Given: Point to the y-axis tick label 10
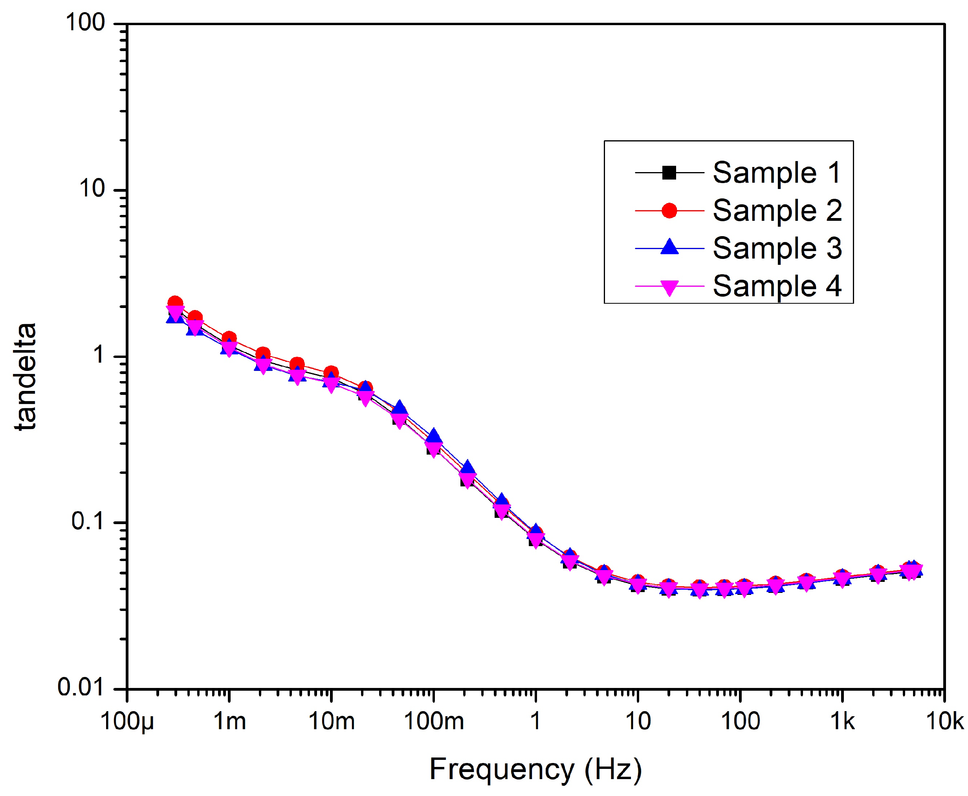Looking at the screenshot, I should pos(92,189).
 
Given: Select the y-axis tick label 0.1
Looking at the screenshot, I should pos(88,521).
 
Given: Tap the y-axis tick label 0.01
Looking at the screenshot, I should pos(81,687).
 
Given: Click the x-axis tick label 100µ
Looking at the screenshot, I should pos(127,722).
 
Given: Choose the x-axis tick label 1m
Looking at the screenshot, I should pos(229,722).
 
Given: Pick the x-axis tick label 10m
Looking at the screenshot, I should pos(331,722).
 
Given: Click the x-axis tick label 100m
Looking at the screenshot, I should pos(433,722).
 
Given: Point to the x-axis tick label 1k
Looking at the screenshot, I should pos(842,722).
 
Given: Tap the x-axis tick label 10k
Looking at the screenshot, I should pos(944,722).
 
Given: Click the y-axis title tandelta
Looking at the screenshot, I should pos(25,376).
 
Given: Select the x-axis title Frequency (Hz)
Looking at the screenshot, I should pos(535,769).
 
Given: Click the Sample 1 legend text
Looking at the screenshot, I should pos(777,173).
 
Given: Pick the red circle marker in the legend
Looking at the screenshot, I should pos(669,211).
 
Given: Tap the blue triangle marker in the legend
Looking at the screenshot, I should pos(669,248).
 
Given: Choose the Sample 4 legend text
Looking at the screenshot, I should pos(777,286).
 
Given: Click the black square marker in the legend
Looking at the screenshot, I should pos(669,173).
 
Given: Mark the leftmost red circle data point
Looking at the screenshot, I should pos(175,303).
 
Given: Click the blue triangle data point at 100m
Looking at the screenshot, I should pos(434,436).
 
